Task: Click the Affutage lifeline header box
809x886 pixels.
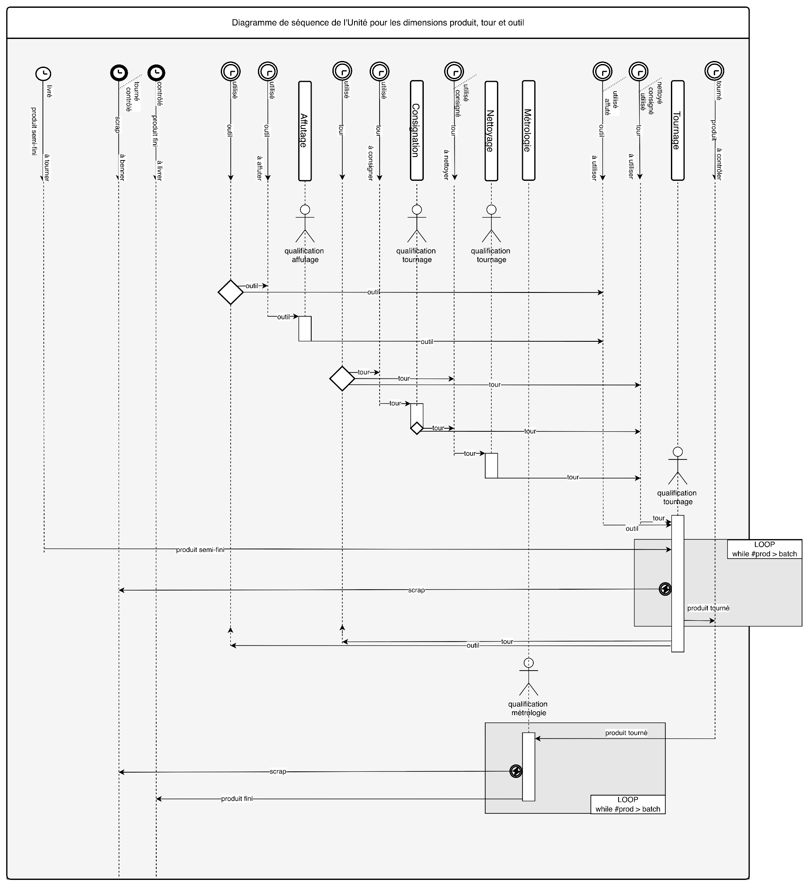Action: coord(305,131)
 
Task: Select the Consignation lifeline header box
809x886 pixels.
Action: coord(416,130)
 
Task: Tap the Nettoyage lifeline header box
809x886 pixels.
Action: coord(491,131)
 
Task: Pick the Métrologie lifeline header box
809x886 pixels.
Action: coord(529,130)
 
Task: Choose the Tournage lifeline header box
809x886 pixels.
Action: coord(677,130)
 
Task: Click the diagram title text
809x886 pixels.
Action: coord(378,23)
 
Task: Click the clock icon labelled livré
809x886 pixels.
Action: coord(43,74)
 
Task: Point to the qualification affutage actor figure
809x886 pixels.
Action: coord(305,224)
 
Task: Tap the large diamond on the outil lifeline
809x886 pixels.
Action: coord(230,292)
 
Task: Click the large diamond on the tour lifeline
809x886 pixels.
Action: coord(342,379)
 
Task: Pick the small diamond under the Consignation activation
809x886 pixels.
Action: coord(416,428)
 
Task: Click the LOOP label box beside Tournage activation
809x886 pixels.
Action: coord(764,549)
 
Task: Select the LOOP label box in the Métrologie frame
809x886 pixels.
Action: coord(627,804)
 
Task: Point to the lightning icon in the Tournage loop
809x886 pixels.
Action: coord(665,589)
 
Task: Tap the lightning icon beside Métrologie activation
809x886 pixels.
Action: coord(516,771)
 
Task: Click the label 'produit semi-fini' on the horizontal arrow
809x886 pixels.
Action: coord(200,550)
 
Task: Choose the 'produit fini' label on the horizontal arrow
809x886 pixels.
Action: coord(236,799)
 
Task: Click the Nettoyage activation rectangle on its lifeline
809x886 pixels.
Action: coord(491,465)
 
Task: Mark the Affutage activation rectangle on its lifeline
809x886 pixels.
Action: coord(305,328)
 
